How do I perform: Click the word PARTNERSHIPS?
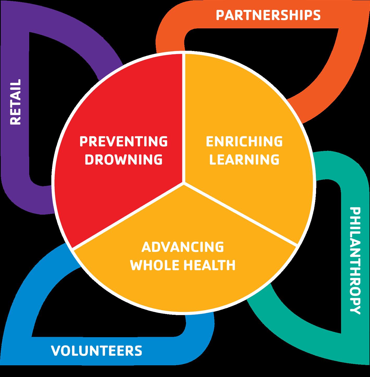268,15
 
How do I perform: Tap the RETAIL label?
15,102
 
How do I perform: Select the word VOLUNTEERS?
96,350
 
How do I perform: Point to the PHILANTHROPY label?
355,260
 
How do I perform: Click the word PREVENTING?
124,141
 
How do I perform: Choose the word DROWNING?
124,159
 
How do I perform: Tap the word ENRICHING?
244,141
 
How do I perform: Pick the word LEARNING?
244,159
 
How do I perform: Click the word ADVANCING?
183,247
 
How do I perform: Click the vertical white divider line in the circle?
184,117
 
